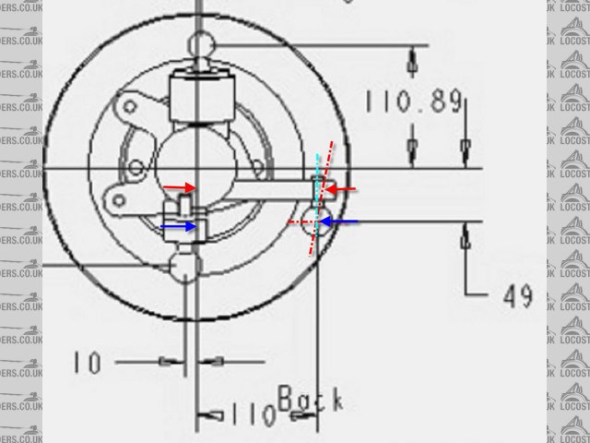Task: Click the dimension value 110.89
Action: tap(412, 102)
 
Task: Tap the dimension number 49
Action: tap(518, 295)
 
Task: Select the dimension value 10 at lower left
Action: tap(88, 362)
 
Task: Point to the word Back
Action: tap(310, 400)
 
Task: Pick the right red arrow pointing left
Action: tap(341, 189)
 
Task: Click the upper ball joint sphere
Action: tap(200, 43)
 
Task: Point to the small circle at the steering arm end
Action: tap(313, 221)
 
